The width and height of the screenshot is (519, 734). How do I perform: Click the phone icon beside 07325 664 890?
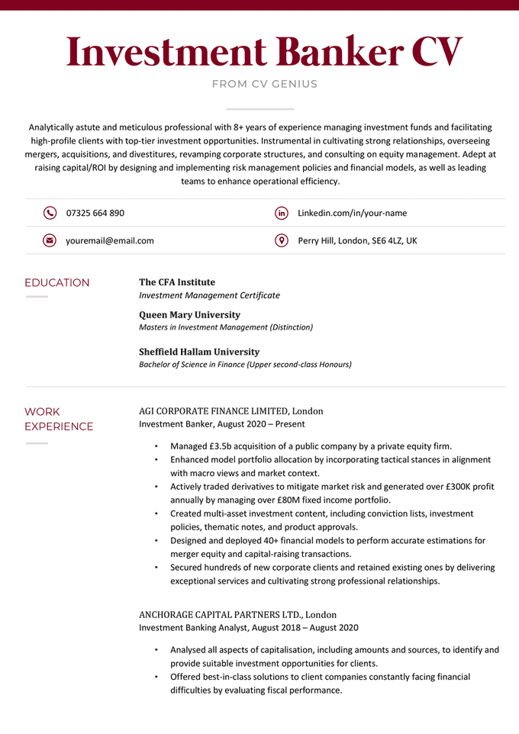(50, 213)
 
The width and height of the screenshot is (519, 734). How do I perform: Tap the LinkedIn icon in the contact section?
(281, 213)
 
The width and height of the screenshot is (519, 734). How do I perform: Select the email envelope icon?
(50, 240)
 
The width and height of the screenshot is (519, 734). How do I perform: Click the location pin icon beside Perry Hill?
(281, 240)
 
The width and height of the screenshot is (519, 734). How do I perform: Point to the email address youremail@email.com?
(110, 240)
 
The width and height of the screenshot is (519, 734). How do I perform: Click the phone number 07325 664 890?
(95, 213)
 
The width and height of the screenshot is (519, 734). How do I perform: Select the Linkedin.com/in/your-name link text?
(352, 213)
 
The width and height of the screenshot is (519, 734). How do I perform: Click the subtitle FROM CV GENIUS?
(264, 84)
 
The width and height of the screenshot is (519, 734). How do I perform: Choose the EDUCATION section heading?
(57, 283)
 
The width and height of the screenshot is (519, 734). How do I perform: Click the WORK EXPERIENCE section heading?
(59, 419)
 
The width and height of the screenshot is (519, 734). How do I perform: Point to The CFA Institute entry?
(177, 282)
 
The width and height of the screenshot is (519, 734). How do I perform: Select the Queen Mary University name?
(189, 314)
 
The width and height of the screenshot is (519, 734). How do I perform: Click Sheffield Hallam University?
(199, 352)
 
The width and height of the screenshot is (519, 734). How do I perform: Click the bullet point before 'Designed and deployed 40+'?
(156, 541)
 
